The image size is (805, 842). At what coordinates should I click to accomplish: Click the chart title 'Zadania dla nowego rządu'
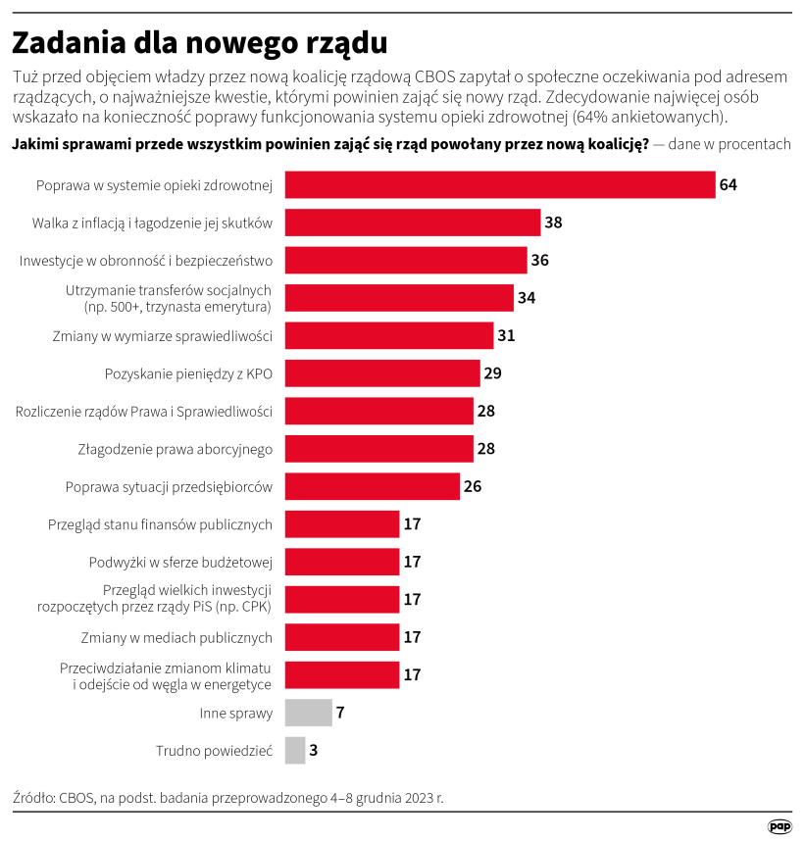coord(199,43)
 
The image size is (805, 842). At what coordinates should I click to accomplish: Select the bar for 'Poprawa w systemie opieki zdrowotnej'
coord(499,185)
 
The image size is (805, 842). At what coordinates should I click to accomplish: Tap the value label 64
coord(728,185)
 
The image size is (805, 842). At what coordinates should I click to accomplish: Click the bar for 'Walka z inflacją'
coord(412,223)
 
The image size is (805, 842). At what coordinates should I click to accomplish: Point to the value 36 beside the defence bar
coord(539,261)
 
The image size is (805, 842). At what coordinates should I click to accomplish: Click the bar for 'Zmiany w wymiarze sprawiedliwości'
coord(388,335)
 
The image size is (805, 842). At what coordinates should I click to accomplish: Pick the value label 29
coord(492,373)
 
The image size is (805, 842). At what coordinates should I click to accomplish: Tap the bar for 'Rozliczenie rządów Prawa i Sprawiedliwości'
coord(378,411)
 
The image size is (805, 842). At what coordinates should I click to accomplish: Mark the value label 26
coord(473,486)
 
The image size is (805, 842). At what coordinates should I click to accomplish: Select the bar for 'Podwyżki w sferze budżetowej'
coord(341,562)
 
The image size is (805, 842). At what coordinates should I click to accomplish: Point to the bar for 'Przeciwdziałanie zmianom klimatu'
coord(341,674)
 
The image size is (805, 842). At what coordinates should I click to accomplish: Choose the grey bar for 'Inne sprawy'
coord(308,713)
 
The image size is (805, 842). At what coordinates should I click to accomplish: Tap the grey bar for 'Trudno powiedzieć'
coord(295,750)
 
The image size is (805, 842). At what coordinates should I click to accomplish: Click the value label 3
coord(314,750)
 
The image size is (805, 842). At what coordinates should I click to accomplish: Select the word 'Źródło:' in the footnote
coord(33,797)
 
